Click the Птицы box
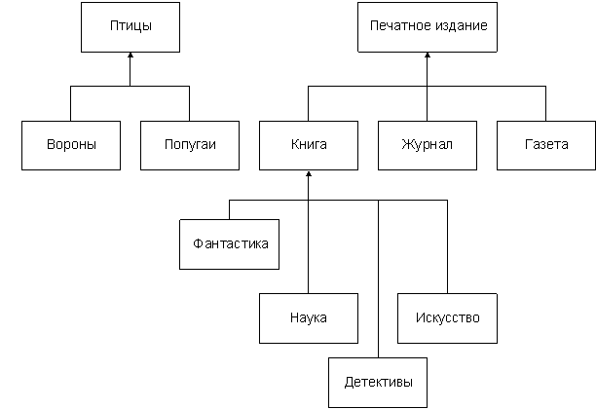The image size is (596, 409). [130, 26]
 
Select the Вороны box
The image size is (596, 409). [70, 145]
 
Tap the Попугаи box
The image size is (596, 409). [190, 145]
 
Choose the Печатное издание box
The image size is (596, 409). [427, 26]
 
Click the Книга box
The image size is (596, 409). [308, 145]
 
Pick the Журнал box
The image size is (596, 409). [427, 145]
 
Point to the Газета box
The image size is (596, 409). [545, 145]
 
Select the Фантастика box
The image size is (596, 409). [231, 243]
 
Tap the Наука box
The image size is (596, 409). [308, 317]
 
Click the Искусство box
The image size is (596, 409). [447, 317]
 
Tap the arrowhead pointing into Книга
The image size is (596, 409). [308, 176]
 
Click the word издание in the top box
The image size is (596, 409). [458, 26]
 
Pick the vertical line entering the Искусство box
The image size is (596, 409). [447, 248]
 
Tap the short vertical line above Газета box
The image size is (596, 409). [545, 103]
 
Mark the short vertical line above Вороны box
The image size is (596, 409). [70, 103]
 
